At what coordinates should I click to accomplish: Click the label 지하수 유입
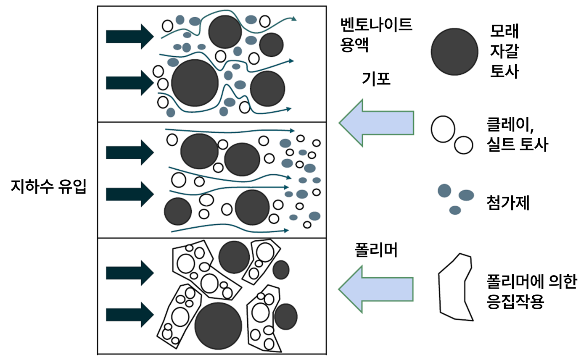(x=48, y=186)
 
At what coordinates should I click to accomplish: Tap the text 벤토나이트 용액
(x=376, y=34)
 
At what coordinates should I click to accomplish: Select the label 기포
(x=376, y=79)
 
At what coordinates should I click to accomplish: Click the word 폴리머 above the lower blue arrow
(x=376, y=250)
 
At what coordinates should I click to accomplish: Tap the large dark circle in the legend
(x=454, y=52)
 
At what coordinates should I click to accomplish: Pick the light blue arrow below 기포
(x=376, y=123)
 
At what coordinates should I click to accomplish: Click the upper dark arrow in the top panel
(x=129, y=37)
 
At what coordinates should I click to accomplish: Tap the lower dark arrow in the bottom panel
(x=129, y=314)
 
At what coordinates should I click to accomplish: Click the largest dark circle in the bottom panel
(x=218, y=326)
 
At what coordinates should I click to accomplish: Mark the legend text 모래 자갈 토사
(x=504, y=52)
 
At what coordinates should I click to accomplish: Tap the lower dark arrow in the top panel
(x=129, y=83)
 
